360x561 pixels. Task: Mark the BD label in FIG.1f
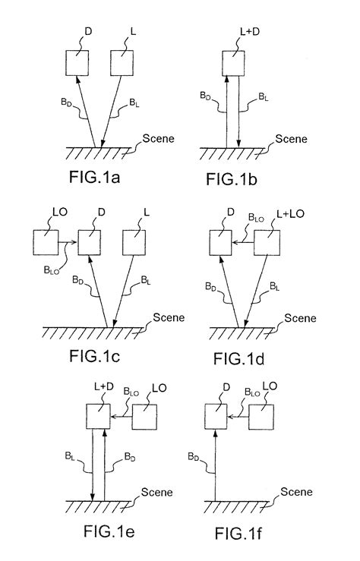click(x=193, y=457)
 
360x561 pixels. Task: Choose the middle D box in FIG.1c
click(x=90, y=243)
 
